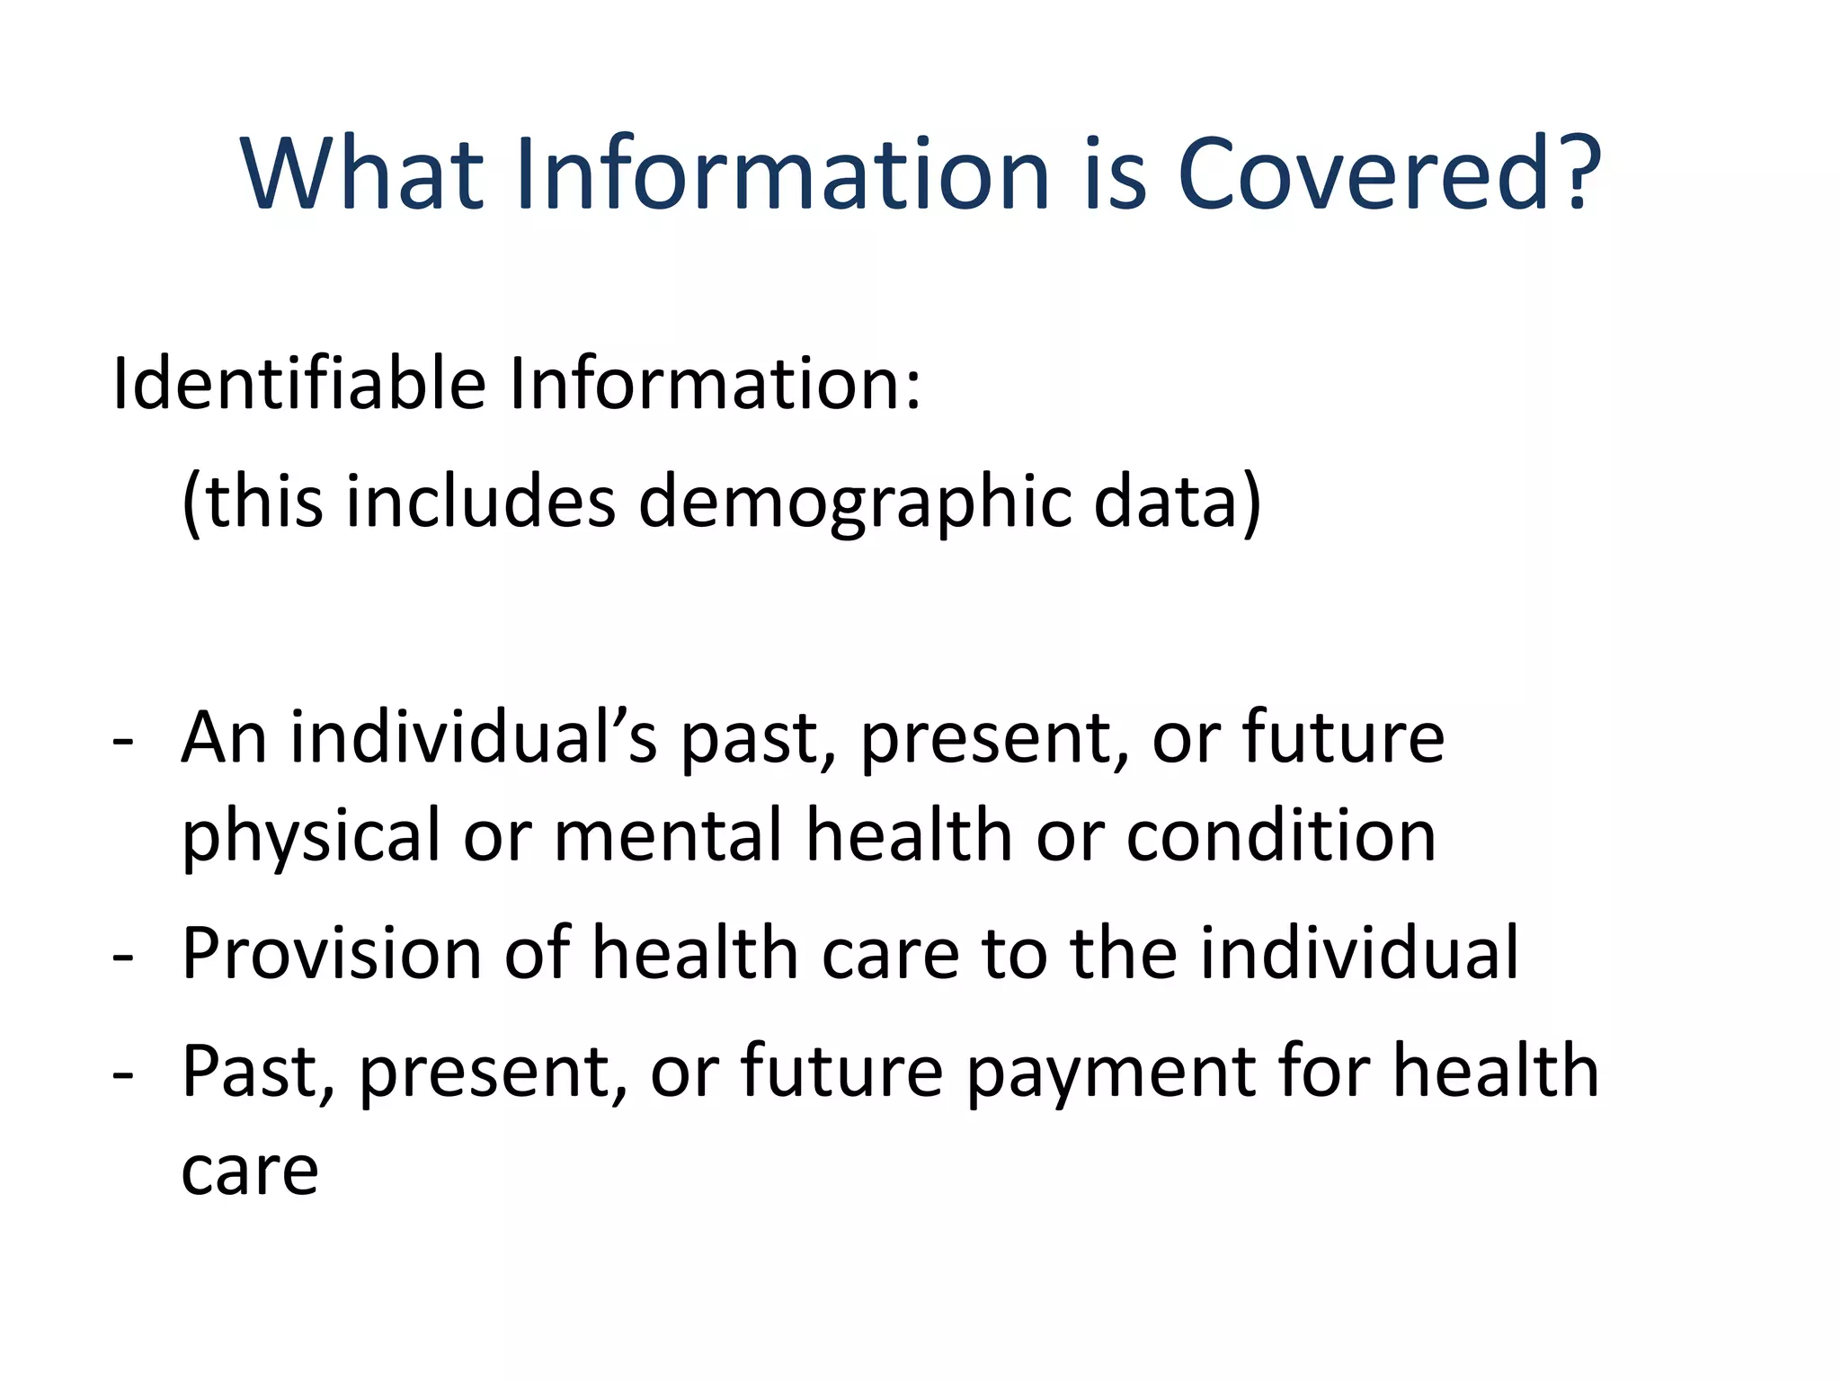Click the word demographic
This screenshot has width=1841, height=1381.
[x=854, y=503]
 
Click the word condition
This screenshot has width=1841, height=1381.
[x=1281, y=836]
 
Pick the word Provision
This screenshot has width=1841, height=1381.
[x=332, y=953]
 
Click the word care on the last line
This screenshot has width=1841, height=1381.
[x=250, y=1172]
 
